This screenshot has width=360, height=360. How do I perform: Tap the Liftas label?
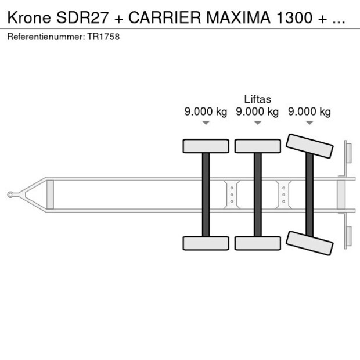pos(257,99)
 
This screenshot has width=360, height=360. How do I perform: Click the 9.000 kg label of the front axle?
pos(206,112)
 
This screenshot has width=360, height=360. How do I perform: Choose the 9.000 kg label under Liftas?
pos(257,112)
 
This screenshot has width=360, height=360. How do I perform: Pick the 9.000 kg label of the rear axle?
pos(309,112)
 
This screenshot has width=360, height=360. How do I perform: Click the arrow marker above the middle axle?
pos(257,123)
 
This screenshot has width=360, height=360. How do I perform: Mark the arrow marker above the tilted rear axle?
pos(309,123)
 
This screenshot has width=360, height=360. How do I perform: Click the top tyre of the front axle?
pos(206,146)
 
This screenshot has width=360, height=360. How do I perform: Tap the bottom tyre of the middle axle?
pos(257,243)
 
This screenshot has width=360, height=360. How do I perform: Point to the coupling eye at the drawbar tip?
pos(11,195)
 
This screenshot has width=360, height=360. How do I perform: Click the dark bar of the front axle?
pos(206,195)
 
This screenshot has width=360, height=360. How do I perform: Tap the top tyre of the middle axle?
pos(257,146)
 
